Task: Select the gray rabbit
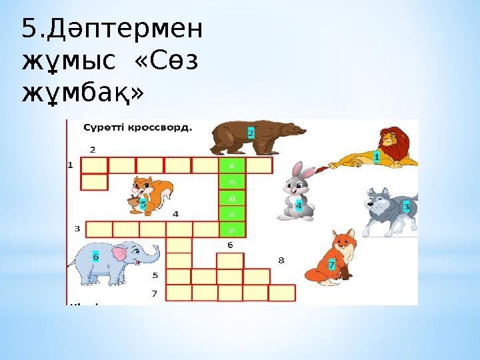pyautogui.click(x=295, y=192)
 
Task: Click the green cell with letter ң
pyautogui.click(x=232, y=181)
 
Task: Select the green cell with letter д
pyautogui.click(x=232, y=198)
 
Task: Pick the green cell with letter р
pyautogui.click(x=232, y=230)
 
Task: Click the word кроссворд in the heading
pyautogui.click(x=161, y=126)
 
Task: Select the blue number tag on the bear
pyautogui.click(x=251, y=133)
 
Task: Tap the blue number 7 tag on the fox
pyautogui.click(x=331, y=265)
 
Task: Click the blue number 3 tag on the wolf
pyautogui.click(x=406, y=207)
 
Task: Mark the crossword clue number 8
pyautogui.click(x=281, y=260)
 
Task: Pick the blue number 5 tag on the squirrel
pyautogui.click(x=143, y=205)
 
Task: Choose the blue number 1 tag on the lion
pyautogui.click(x=377, y=157)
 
